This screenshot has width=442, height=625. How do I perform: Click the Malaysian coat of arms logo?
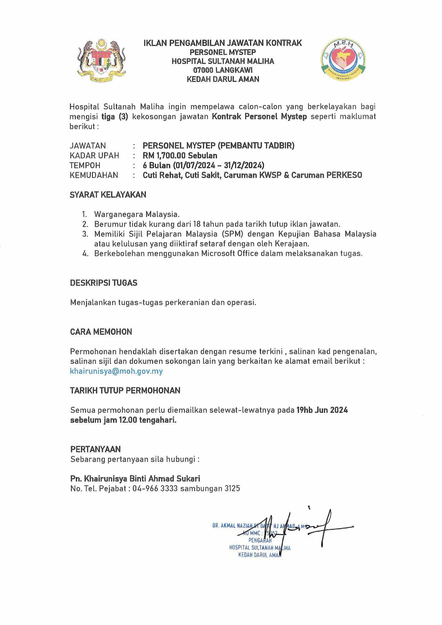tap(102, 61)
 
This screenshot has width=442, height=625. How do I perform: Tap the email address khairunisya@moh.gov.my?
tap(116, 371)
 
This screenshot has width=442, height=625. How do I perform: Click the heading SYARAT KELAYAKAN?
tap(108, 195)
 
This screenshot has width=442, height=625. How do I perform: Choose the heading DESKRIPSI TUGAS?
tap(104, 283)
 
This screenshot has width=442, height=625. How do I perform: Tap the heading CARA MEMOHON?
tap(101, 332)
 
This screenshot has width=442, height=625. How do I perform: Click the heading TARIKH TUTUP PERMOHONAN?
tap(125, 390)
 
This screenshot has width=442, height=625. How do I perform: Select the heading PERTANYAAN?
tap(96, 449)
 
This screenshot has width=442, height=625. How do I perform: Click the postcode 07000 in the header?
tap(203, 70)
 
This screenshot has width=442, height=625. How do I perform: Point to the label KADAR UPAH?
tap(94, 155)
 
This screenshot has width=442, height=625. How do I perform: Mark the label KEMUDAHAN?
tap(94, 175)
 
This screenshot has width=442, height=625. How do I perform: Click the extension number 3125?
tap(232, 489)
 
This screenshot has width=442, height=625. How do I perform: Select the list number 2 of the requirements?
tap(85, 224)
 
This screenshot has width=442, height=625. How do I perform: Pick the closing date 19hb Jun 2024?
tap(322, 410)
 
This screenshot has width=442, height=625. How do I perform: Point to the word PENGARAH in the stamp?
tap(260, 540)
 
